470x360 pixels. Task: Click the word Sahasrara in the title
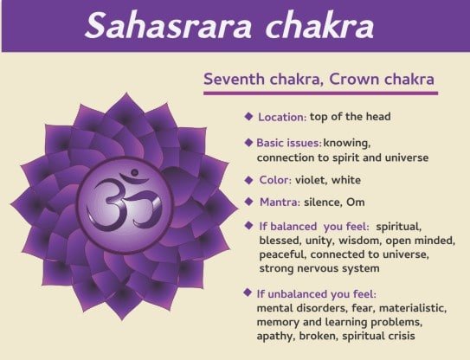point(168,26)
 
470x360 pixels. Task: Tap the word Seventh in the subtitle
point(235,79)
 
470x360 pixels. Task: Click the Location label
point(282,117)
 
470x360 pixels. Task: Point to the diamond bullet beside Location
point(248,116)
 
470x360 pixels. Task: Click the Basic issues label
point(289,143)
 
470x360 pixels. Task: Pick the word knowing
point(347,144)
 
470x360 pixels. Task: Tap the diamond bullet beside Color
point(248,180)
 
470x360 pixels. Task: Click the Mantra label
point(280,202)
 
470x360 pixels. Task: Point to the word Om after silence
point(356,202)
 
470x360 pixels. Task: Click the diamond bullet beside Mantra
point(248,202)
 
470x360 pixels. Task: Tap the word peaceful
point(283,254)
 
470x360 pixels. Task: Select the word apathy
point(275,337)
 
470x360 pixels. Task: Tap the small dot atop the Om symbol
point(134,172)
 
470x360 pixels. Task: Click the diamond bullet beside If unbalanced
point(248,292)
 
